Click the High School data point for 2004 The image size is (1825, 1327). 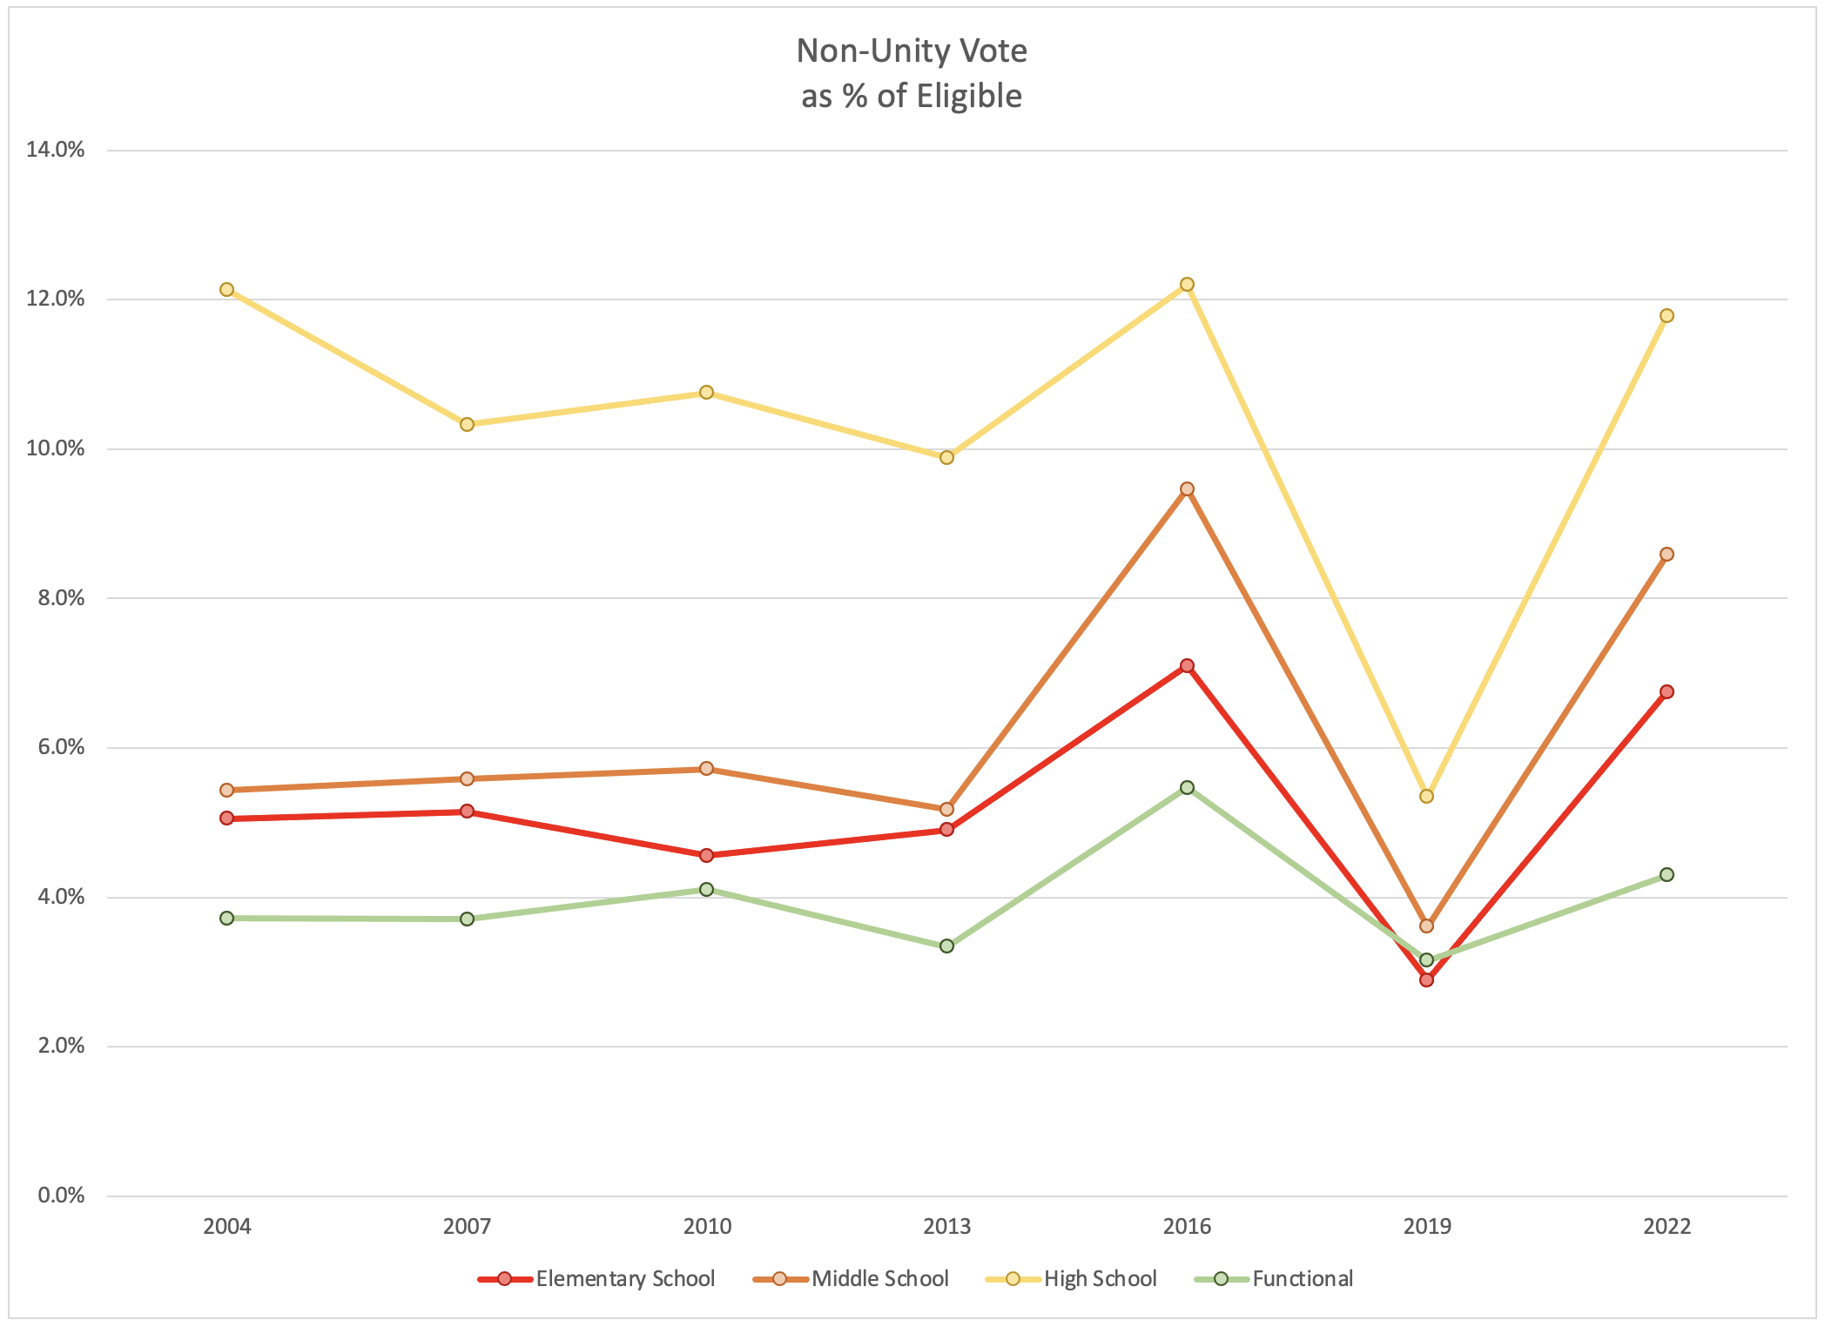coord(227,289)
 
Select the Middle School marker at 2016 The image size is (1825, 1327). coord(1187,488)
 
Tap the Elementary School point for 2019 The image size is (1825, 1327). coord(1426,980)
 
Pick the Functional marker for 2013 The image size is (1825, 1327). coord(946,946)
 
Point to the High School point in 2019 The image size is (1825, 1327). coord(1426,796)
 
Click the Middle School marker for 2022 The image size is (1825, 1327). coord(1667,554)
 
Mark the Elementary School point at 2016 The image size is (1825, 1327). coord(1187,665)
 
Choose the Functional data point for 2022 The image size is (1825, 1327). coord(1667,874)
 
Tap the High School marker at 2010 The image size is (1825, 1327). coord(707,393)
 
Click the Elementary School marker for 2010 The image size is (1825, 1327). coord(707,855)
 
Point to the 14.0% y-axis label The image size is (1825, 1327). coord(56,150)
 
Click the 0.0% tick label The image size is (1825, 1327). coord(61,1196)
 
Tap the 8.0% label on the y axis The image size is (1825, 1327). coord(61,598)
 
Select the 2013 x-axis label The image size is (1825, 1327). coord(946,1227)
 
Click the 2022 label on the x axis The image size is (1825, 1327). coord(1667,1227)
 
